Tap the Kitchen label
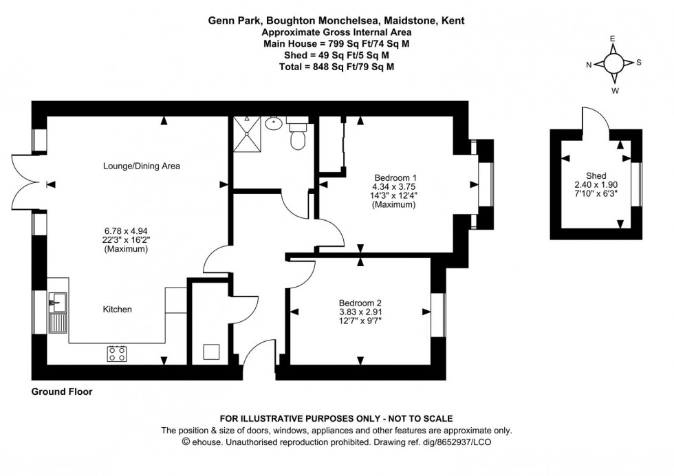point(117,310)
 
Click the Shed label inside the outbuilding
point(596,175)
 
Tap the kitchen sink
point(57,301)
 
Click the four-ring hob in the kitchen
point(116,354)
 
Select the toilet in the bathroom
point(298,135)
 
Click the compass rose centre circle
point(613,63)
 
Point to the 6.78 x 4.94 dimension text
point(126,230)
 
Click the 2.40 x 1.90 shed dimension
point(596,184)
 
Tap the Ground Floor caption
point(62,391)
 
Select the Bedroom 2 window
point(438,315)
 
